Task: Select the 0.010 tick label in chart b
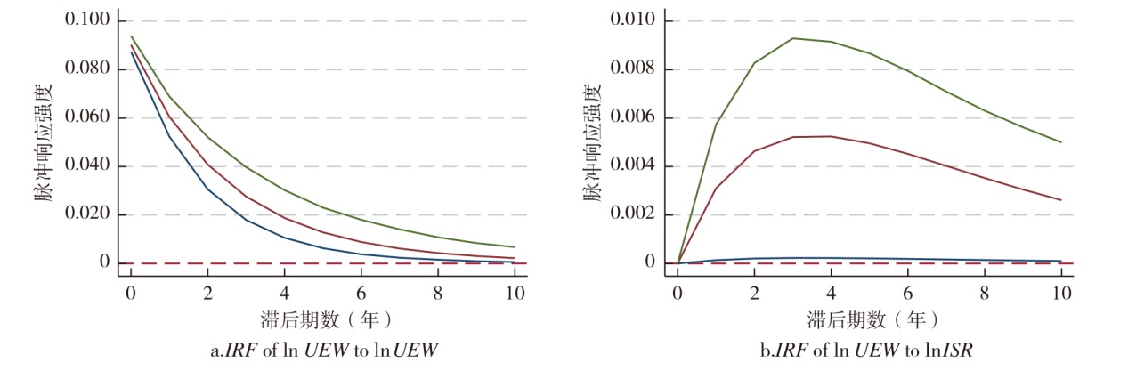(634, 20)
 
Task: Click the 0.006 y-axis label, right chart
(634, 117)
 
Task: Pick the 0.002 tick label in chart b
(634, 214)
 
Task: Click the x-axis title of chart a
(322, 318)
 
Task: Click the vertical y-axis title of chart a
(45, 142)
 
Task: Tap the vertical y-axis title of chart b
(592, 142)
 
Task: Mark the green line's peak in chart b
(792, 38)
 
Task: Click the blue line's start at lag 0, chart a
(131, 52)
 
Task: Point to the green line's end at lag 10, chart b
(1060, 142)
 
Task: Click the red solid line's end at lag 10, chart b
(1060, 200)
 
